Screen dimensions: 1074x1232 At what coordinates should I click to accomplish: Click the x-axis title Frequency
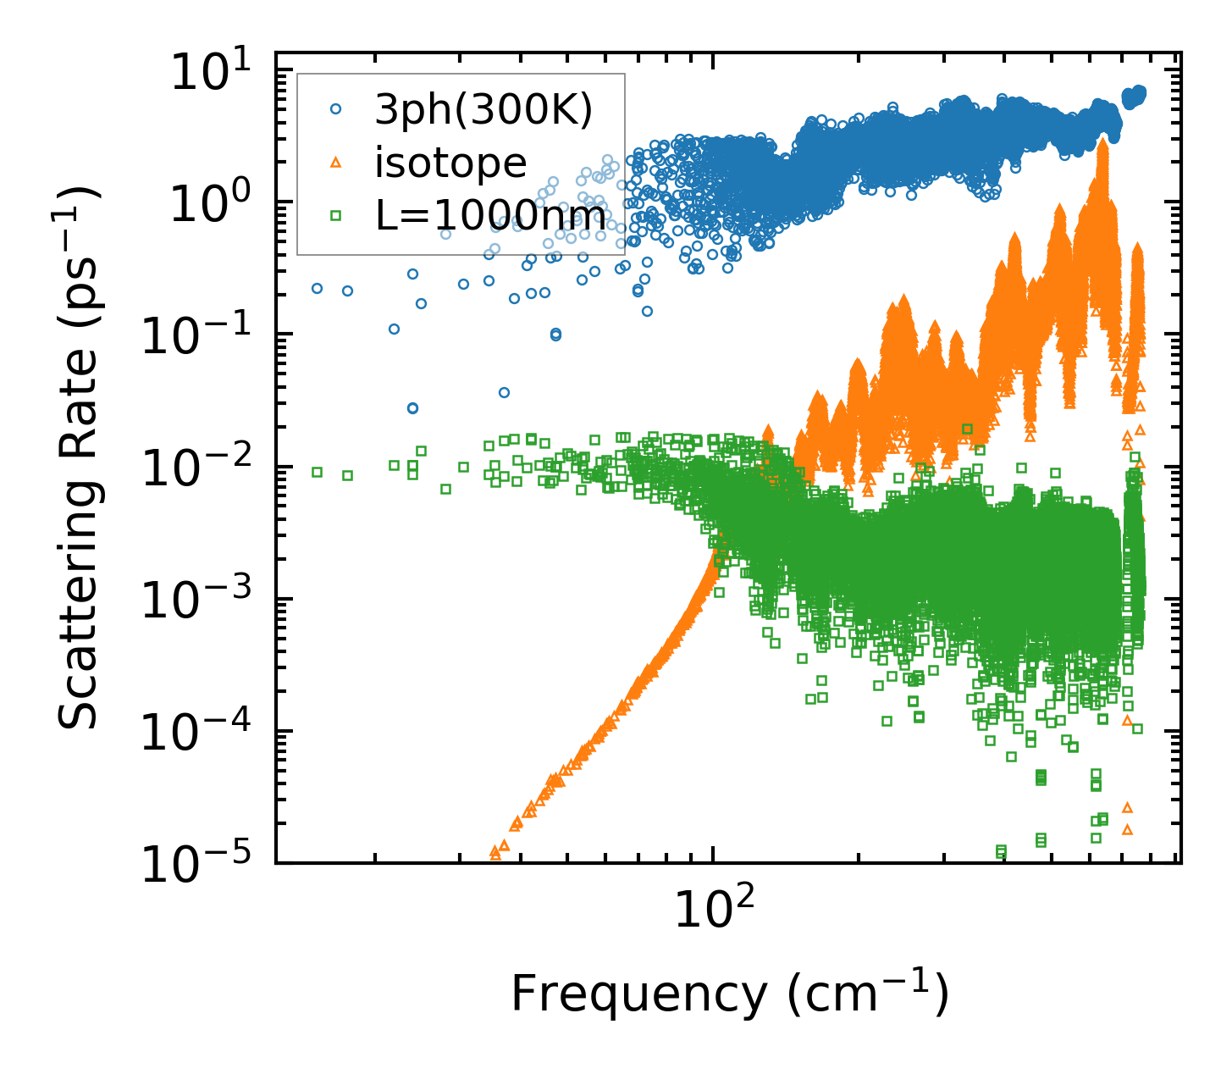pos(728,993)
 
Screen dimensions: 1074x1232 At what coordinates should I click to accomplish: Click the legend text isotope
pos(450,162)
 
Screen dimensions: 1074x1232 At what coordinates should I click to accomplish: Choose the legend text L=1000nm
pos(491,215)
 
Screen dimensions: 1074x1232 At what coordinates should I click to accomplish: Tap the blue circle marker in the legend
pos(335,108)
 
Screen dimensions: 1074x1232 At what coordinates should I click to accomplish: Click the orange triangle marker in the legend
pos(335,162)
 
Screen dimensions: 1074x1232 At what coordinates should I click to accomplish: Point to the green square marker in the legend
pos(335,215)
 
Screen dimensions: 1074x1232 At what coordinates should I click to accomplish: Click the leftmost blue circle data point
pos(317,288)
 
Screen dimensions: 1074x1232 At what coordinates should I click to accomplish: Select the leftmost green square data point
pos(317,472)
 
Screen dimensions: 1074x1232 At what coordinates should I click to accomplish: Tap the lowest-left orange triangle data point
pos(495,853)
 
